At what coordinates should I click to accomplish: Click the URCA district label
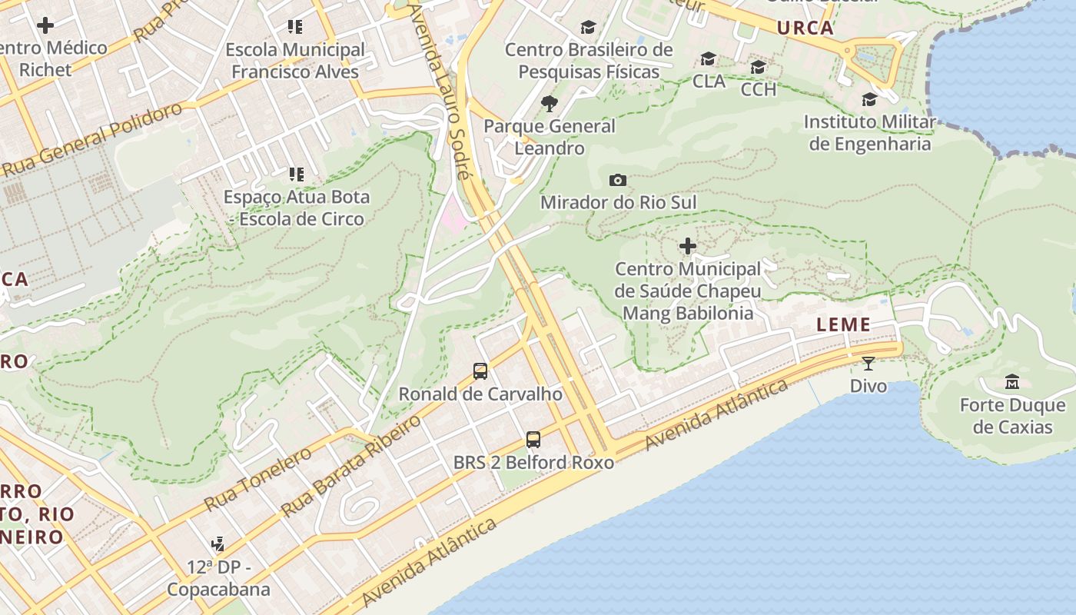click(x=805, y=28)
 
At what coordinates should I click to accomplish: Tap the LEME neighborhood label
click(x=843, y=324)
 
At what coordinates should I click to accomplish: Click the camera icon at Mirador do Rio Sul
click(x=617, y=181)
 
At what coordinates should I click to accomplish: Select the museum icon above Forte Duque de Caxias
click(x=1012, y=382)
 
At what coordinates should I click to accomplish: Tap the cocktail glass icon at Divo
click(x=868, y=364)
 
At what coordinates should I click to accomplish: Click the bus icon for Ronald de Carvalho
click(x=480, y=371)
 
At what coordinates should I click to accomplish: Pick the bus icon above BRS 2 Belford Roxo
click(x=533, y=440)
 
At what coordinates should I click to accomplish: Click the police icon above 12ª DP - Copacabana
click(x=218, y=544)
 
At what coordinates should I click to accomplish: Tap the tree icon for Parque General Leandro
click(x=549, y=103)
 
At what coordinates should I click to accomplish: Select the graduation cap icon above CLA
click(x=708, y=59)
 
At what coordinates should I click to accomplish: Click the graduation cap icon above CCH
click(x=758, y=67)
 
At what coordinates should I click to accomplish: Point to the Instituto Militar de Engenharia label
click(x=869, y=133)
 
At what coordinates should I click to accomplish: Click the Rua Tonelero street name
click(x=257, y=479)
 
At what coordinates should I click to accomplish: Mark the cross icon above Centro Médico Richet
click(x=45, y=25)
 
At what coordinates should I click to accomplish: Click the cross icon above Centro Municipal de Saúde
click(x=688, y=246)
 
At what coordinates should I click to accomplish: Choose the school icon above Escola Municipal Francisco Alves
click(x=295, y=27)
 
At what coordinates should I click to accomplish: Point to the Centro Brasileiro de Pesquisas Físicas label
click(x=589, y=61)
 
